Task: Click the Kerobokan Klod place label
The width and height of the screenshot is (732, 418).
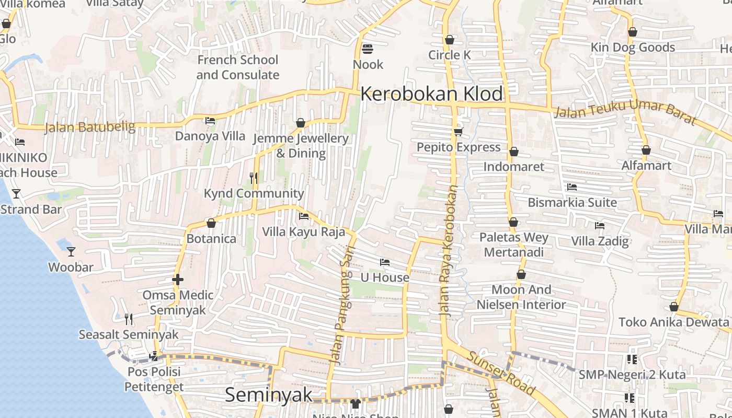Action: point(431,95)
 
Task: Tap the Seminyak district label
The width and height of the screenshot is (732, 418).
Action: point(268,395)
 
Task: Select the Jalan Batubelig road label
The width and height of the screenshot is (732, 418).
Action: point(90,127)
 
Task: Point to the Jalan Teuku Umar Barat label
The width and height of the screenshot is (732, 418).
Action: point(625,114)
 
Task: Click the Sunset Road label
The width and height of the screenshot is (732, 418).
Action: point(500,373)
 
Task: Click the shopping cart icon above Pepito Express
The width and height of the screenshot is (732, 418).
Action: point(459,132)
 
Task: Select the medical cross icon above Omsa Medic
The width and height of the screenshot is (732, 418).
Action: point(178,280)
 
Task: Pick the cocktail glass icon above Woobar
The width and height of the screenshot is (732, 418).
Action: point(71,252)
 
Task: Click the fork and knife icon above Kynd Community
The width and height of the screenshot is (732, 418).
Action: point(254,178)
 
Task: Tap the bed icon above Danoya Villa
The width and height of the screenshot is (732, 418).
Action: point(210,121)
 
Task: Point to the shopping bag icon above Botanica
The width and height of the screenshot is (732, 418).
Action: point(211,224)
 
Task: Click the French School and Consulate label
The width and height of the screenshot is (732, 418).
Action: point(238,67)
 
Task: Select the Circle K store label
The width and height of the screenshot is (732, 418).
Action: point(450,55)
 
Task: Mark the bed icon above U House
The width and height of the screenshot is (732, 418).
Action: point(385,262)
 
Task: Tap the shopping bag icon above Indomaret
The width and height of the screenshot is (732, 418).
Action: point(513,152)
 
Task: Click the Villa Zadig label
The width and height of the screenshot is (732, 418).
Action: point(600,241)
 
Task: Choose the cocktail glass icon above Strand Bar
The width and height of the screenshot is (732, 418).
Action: point(16,194)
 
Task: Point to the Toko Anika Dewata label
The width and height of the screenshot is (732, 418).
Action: point(673,322)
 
